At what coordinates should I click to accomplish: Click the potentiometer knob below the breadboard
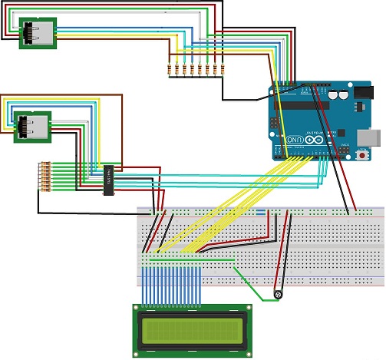[278, 293]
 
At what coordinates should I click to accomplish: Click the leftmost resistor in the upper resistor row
[170, 71]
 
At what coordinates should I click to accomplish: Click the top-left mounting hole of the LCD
[138, 309]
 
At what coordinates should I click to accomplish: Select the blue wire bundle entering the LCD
[177, 284]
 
